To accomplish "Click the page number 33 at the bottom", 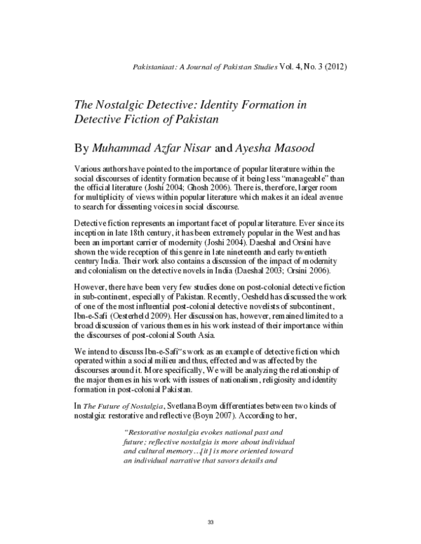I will point(210,524).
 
